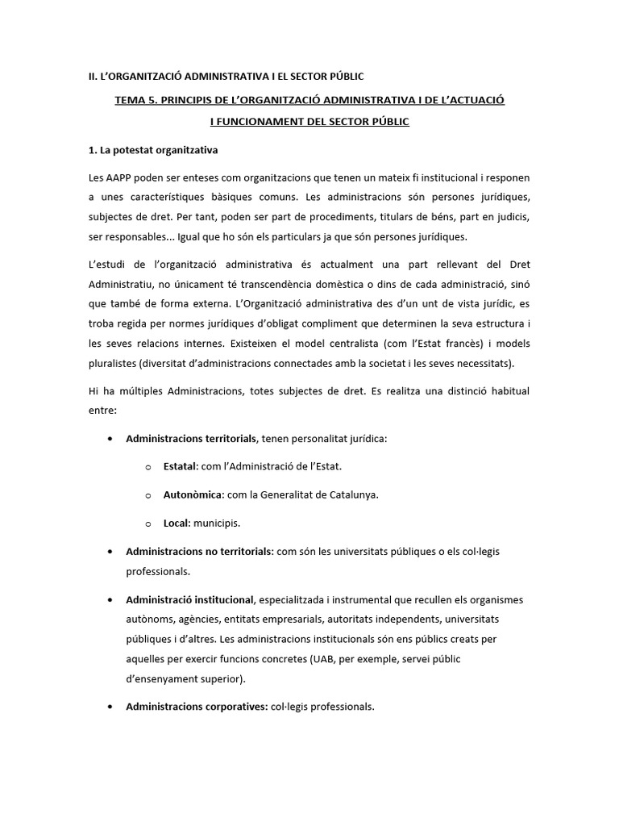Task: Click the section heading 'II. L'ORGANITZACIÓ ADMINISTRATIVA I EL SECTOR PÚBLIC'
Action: point(226,77)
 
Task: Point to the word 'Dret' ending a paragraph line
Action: point(517,265)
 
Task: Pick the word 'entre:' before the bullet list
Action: point(103,410)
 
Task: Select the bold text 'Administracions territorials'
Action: point(191,439)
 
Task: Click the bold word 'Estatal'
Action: point(181,466)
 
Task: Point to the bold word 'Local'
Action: point(175,523)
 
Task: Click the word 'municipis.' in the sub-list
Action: point(215,523)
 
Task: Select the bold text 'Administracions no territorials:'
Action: point(200,552)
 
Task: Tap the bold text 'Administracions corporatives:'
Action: point(197,707)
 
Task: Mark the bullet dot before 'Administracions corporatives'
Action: point(109,707)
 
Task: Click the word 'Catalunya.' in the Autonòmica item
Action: point(351,494)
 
